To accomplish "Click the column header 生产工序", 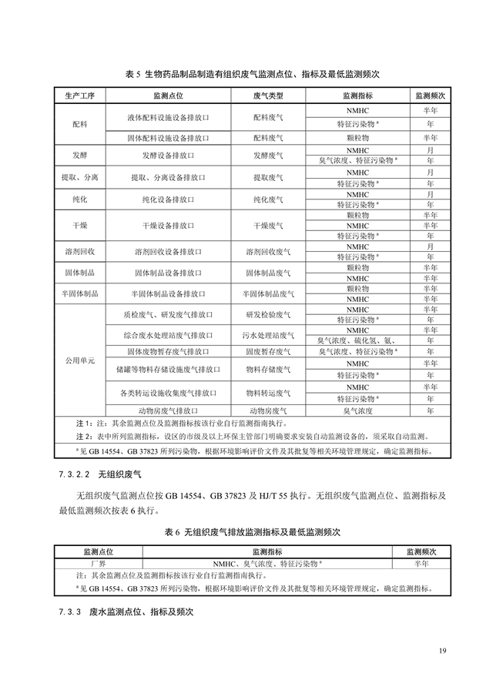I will click(x=79, y=96).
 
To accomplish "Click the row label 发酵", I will click(x=79, y=155).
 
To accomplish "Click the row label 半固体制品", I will click(x=79, y=293).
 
